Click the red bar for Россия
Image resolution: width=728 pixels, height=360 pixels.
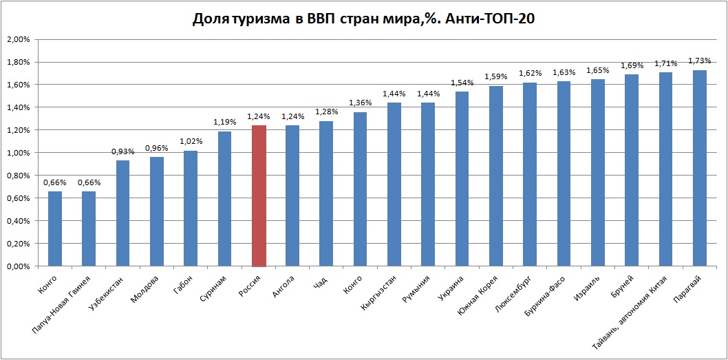[x=259, y=196]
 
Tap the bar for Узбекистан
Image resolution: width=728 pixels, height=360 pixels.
[x=123, y=213]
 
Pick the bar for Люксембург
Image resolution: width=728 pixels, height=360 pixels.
[x=530, y=175]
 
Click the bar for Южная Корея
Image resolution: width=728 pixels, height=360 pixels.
[x=496, y=176]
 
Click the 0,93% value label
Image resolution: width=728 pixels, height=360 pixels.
[x=123, y=151]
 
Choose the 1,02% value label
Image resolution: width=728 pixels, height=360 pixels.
[x=191, y=142]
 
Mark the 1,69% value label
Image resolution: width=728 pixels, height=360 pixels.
[x=632, y=65]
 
